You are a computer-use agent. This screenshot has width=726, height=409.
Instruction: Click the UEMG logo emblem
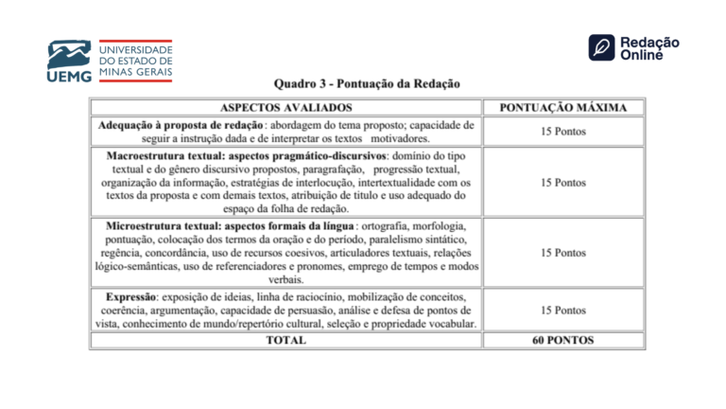(x=69, y=54)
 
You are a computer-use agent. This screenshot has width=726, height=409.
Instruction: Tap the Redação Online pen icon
(x=602, y=47)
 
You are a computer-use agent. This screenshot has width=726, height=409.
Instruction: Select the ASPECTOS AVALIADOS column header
(x=285, y=107)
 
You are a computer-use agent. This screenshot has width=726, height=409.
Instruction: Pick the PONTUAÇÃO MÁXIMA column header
(x=562, y=107)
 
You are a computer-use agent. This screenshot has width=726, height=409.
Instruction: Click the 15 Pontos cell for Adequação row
(x=562, y=131)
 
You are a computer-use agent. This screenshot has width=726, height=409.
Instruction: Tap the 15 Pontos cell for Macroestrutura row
(x=562, y=182)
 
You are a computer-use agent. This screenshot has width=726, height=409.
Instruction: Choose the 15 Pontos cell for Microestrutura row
(x=562, y=253)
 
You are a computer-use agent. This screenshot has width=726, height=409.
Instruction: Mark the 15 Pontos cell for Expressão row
(x=562, y=310)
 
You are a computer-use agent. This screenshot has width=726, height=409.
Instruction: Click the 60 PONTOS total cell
(x=562, y=339)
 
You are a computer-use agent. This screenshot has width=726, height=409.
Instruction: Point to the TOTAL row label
(x=285, y=339)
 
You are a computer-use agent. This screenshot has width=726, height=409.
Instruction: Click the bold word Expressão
(x=130, y=296)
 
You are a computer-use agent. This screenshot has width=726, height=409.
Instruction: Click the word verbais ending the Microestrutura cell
(x=285, y=280)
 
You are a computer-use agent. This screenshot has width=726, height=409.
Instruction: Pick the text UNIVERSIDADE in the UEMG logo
(x=136, y=47)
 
